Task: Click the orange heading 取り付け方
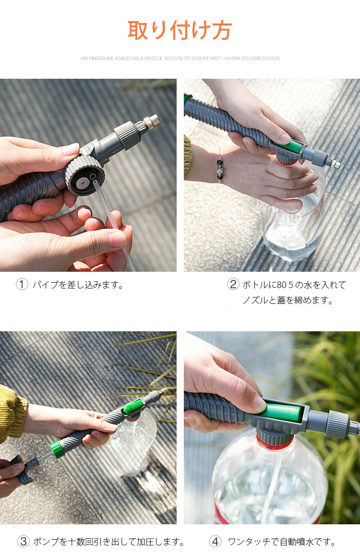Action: [180, 31]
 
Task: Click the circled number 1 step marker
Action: [22, 284]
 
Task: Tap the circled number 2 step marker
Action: [233, 284]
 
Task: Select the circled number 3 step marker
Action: [24, 542]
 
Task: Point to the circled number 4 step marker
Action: [215, 542]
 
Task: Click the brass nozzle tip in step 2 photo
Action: [335, 164]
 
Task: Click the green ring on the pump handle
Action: [57, 449]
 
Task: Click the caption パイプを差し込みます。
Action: [78, 284]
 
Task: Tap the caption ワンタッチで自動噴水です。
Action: [282, 542]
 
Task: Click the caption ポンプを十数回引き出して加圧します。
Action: [109, 542]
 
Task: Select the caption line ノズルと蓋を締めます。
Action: [288, 301]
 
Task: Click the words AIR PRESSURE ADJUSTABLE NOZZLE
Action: [121, 58]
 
